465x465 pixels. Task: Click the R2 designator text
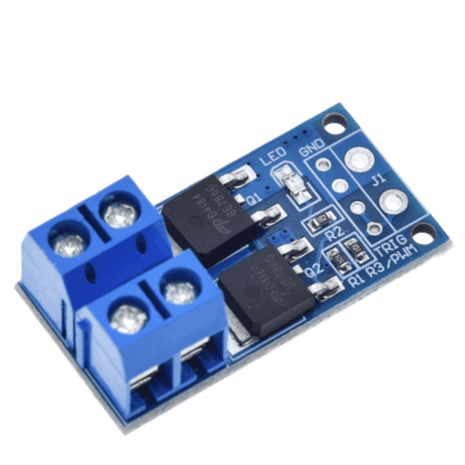[x=336, y=228]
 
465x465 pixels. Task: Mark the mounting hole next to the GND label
[x=334, y=120]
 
